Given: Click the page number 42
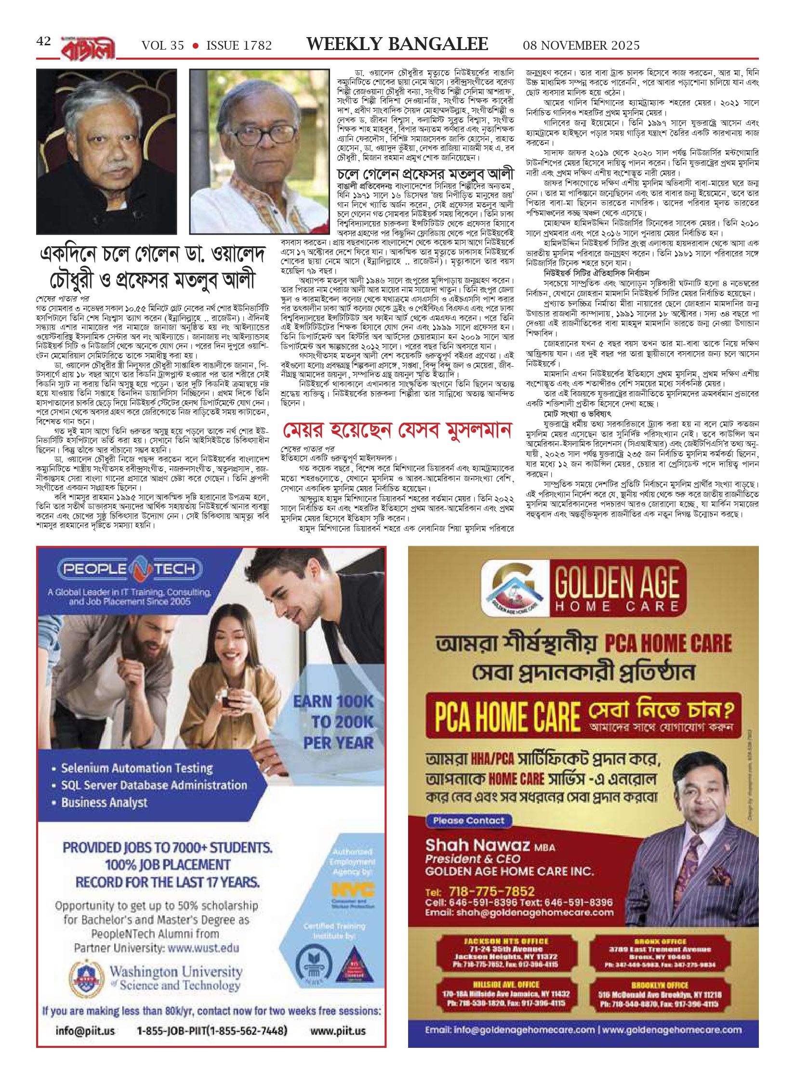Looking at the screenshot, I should pos(43,41).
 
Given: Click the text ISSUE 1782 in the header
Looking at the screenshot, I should pos(239,45).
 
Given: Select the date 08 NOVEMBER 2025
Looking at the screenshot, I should pos(581,45).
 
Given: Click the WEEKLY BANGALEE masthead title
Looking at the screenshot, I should pos(397,44).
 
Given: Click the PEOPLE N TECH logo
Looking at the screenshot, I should pos(130,569).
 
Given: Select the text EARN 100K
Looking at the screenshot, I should pos(333,701).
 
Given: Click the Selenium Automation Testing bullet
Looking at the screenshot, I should pos(137,768).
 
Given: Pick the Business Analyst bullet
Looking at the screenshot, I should pos(104,803).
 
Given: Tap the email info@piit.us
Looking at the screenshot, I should pos(85,1031).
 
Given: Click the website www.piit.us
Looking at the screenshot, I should pos(338,1031).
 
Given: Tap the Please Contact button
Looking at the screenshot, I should pos(468,820).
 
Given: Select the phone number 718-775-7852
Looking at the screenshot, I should pos(491,891).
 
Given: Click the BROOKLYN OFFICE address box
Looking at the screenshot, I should pos(660,995).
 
